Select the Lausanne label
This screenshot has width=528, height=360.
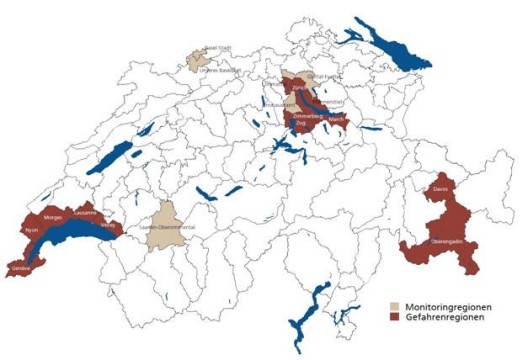(x=86, y=212)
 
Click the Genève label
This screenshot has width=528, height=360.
(x=17, y=267)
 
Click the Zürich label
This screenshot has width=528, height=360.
(x=297, y=89)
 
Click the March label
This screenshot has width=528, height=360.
(x=333, y=119)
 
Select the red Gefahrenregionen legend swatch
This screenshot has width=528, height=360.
(x=394, y=316)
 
